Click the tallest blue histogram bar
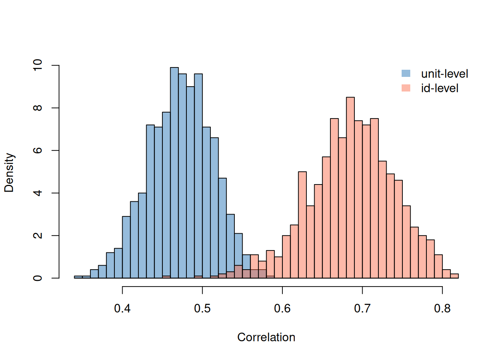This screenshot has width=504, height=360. tap(174, 172)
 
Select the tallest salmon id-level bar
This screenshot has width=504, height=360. tap(350, 187)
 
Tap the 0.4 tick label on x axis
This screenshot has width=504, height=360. tap(122, 309)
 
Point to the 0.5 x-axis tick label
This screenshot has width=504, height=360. tap(202, 309)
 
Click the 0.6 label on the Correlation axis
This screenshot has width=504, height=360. tap(282, 309)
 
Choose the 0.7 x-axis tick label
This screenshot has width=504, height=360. tap(362, 309)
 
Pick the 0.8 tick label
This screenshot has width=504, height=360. tap(442, 309)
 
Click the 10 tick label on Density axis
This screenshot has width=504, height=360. tap(38, 65)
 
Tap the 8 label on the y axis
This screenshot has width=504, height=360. tap(38, 108)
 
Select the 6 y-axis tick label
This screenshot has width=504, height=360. tap(38, 150)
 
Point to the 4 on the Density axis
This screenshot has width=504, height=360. tap(38, 193)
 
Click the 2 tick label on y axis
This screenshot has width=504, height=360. tap(38, 235)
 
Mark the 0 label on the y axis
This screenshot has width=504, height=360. tap(38, 278)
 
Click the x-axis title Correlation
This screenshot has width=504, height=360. tap(266, 337)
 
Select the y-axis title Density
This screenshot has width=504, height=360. tap(9, 172)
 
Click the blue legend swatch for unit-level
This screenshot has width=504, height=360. tap(406, 73)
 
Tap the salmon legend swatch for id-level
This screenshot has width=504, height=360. tap(406, 88)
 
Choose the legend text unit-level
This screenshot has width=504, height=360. tap(444, 74)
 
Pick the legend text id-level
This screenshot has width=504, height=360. tap(439, 88)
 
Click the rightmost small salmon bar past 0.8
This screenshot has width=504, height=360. tap(454, 276)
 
